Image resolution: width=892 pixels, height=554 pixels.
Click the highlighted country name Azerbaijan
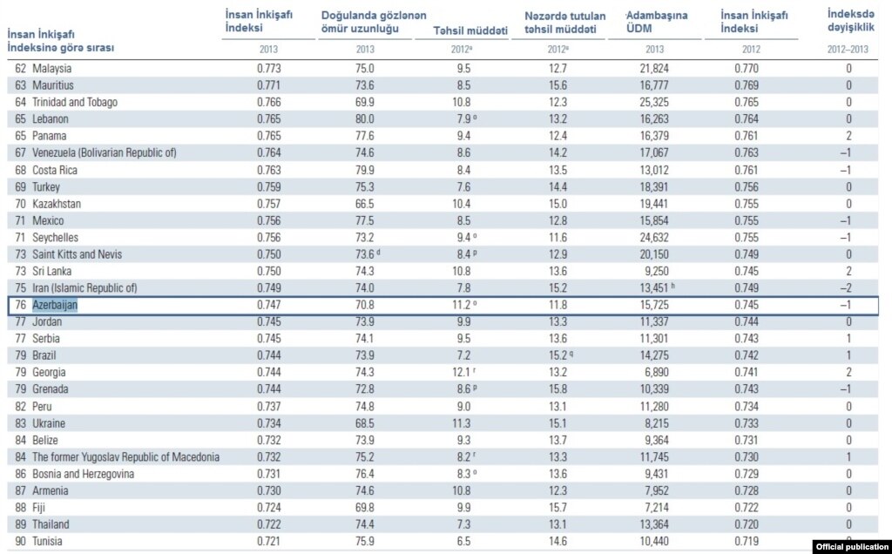coord(55,305)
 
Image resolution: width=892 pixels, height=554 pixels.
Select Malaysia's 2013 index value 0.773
coord(268,68)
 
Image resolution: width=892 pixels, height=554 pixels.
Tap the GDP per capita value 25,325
coord(654,103)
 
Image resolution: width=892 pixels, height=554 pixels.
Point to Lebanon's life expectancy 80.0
coord(365,118)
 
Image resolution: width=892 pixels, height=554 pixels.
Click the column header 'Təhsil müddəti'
coord(470,30)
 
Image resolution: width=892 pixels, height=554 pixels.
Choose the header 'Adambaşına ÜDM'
coord(657,22)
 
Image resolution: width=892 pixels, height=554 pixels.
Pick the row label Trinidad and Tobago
coord(75,103)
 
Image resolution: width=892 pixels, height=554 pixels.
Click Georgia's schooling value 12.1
coord(462,373)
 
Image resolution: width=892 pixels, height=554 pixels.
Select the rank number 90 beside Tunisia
coord(21,542)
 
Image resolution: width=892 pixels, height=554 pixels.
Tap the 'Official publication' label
coord(853,547)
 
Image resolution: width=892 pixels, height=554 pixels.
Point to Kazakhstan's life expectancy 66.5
coord(365,204)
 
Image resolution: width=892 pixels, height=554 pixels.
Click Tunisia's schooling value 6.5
coord(463,542)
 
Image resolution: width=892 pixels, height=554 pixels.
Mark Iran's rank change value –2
coord(846,288)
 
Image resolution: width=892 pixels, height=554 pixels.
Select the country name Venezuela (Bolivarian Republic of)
coord(105,153)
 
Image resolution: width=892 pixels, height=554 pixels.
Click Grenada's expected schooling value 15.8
coord(557,389)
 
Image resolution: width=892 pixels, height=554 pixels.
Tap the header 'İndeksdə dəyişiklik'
coord(850,21)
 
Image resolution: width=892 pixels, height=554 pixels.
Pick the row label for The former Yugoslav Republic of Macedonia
coord(125,457)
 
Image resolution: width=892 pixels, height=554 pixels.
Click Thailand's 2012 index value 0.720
coord(747,524)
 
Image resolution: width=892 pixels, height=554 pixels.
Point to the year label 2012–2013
coord(848,50)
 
